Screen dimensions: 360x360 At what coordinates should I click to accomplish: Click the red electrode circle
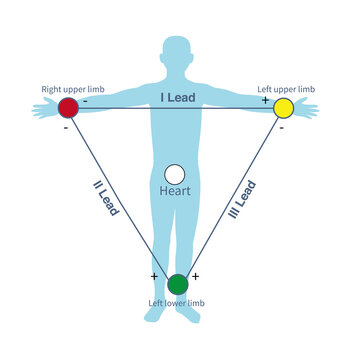(x=68, y=107)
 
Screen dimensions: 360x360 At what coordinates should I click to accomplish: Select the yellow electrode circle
(x=283, y=107)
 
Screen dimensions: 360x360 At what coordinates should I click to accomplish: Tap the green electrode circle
(x=178, y=283)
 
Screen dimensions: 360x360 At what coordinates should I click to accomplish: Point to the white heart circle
(x=175, y=174)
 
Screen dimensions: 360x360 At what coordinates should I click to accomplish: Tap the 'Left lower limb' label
(x=178, y=302)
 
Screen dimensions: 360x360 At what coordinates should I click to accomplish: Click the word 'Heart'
(x=175, y=190)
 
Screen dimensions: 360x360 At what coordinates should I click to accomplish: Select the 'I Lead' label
(x=178, y=97)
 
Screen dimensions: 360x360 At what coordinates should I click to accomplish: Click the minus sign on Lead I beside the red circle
(x=85, y=100)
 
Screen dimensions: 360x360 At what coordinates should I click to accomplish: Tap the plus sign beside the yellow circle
(x=265, y=100)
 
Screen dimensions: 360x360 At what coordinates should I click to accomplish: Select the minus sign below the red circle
(x=64, y=127)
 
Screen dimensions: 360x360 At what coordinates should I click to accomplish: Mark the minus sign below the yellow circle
(x=282, y=127)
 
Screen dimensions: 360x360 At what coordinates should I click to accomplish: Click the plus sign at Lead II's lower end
(x=154, y=275)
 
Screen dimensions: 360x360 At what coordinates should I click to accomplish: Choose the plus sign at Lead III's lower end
(x=195, y=275)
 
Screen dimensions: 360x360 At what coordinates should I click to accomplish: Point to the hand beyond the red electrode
(x=41, y=109)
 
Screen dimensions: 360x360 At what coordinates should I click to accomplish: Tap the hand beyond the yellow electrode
(x=308, y=109)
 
